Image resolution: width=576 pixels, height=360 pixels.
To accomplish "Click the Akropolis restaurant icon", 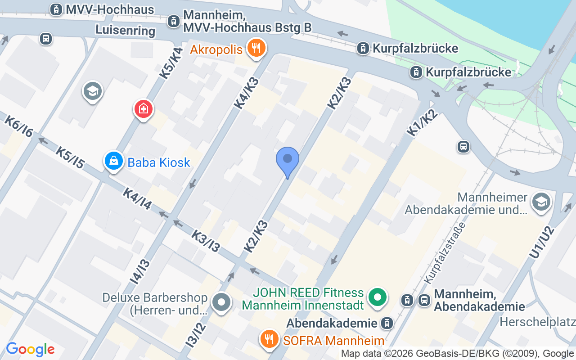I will tap(256, 48).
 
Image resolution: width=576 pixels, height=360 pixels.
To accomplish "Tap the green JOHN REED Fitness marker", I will tap(378, 297).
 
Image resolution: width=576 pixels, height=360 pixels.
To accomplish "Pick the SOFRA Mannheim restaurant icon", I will tap(270, 339).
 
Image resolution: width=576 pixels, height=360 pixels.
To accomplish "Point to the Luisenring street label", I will tap(125, 31).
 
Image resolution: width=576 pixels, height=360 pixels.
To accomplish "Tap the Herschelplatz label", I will tap(538, 322).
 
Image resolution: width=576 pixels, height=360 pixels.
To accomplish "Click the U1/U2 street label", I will tap(542, 242).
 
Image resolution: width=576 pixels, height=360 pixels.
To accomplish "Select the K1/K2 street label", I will tap(422, 123).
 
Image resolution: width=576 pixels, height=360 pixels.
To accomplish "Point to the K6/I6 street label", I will tap(18, 126).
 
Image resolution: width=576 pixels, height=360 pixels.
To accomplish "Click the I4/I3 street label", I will tap(140, 271).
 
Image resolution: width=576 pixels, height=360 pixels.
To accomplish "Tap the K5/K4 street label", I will tap(171, 64).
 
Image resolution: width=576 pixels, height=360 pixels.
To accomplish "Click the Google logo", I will tap(30, 349).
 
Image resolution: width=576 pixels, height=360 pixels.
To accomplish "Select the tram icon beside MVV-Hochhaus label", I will tap(56, 9).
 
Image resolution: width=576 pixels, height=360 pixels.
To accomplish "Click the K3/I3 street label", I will tap(205, 241).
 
